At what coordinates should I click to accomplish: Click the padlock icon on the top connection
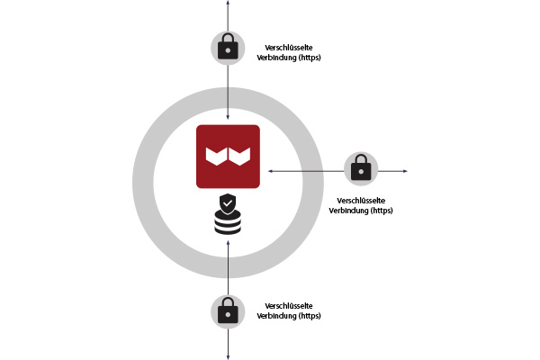(228, 47)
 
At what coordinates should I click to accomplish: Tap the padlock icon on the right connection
(361, 167)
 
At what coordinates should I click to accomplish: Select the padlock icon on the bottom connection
(228, 310)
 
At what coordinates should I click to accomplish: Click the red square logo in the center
(228, 157)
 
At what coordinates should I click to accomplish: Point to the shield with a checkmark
(228, 204)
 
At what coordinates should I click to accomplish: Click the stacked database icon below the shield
(228, 222)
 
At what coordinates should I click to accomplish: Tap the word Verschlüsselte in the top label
(289, 48)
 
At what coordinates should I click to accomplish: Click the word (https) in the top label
(310, 58)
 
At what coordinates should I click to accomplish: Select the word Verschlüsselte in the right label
(361, 201)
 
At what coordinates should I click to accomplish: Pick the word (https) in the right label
(382, 211)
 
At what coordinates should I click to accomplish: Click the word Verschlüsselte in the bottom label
(289, 306)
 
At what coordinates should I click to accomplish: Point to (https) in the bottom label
(310, 316)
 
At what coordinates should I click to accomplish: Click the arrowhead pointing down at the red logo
(228, 117)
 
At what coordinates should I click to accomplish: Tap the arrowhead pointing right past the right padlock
(405, 171)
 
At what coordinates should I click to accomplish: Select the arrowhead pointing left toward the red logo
(270, 171)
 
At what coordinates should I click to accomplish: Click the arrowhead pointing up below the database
(228, 243)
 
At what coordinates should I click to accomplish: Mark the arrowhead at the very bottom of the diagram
(228, 357)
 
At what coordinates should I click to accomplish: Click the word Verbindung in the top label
(276, 58)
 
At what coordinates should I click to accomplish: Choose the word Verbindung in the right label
(348, 211)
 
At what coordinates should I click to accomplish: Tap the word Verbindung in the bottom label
(276, 316)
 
